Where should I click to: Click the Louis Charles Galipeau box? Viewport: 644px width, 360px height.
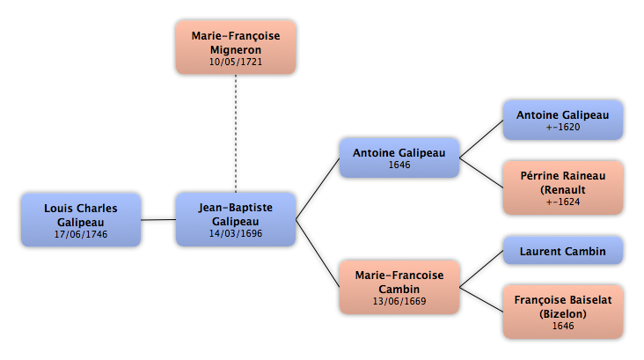81,220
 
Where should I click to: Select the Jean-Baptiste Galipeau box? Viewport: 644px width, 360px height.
236,219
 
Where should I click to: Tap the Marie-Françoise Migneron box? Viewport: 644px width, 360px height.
236,48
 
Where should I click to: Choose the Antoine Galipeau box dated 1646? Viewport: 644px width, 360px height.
399,158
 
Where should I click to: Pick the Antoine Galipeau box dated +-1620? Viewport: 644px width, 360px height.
563,120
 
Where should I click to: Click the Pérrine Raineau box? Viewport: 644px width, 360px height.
563,187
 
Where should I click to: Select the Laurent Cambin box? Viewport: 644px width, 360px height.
563,250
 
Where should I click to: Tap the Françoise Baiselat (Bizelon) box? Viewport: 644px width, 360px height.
563,312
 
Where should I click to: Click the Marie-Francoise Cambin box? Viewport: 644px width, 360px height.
399,287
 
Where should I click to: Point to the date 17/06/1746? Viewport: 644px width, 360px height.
81,234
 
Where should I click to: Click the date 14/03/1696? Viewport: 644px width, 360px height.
236,233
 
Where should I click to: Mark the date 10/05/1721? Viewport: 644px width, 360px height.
236,62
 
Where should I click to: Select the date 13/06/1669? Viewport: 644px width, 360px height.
399,301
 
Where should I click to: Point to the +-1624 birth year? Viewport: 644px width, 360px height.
563,202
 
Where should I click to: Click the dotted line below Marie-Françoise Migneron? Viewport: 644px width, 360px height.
236,134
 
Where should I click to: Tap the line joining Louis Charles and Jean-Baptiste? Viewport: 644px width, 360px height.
158,220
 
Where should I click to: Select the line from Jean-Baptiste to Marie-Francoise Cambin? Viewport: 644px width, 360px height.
318,253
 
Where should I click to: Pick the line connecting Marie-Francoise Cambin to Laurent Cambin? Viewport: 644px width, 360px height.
481,268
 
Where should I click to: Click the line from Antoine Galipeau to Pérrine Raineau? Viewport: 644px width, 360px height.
481,173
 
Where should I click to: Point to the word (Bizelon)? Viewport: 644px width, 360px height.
563,314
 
